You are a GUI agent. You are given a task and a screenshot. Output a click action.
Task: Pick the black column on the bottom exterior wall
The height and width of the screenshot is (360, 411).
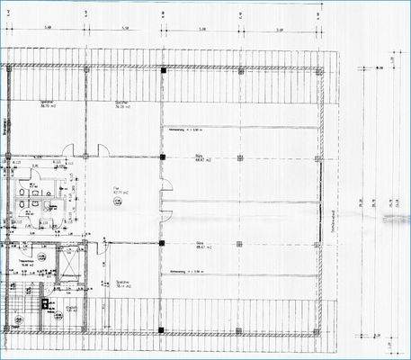coord(162,331)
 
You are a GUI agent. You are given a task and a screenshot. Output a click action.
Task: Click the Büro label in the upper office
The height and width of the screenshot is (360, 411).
coord(198,156)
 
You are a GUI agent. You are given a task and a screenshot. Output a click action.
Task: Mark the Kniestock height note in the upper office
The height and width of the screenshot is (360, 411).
coord(183,130)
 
